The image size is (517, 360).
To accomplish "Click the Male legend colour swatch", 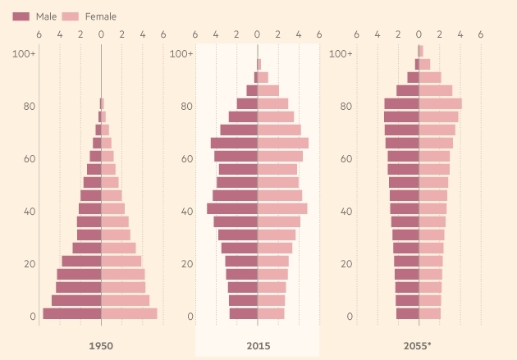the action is (x=21, y=16).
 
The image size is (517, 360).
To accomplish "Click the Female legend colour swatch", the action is (x=71, y=16).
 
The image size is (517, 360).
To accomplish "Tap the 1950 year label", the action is (x=101, y=346).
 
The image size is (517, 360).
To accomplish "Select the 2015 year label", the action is (x=258, y=346).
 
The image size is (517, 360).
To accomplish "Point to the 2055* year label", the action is (x=417, y=346).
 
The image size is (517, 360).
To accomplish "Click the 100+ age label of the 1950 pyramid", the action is (x=24, y=53).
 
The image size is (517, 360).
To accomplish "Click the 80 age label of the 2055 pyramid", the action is (x=345, y=106).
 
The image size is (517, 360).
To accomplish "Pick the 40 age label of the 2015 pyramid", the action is (x=187, y=211).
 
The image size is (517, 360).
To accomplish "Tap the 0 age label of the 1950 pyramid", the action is (x=33, y=317).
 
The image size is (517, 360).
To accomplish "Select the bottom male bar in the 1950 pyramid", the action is (x=72, y=313).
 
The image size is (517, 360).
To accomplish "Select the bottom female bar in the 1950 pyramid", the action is (x=130, y=313).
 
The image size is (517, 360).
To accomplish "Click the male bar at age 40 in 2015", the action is (x=232, y=209).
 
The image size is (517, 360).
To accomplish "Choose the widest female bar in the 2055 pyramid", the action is (x=441, y=104).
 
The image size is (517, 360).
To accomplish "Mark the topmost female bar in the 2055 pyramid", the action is (x=421, y=51).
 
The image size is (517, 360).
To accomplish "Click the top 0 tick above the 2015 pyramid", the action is (x=257, y=34).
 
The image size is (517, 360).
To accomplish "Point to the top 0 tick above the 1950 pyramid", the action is (x=101, y=34).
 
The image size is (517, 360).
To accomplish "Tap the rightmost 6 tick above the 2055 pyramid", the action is (x=481, y=34).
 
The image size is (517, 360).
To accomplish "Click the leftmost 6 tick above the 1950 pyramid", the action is (x=39, y=34).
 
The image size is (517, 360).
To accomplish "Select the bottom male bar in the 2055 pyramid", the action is (x=408, y=313).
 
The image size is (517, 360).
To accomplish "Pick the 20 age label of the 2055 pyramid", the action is (x=346, y=264).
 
